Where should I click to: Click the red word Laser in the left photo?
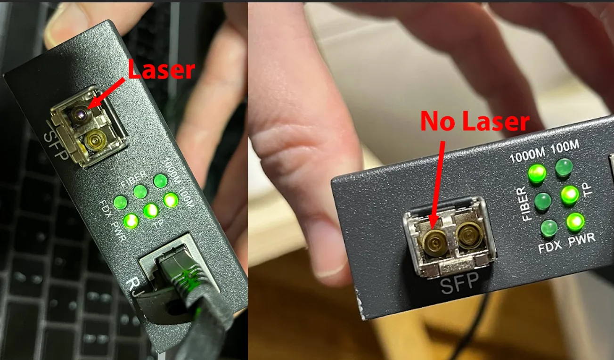[x=161, y=70]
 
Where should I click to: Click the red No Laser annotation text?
[x=475, y=122]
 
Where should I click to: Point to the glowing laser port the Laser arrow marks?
[x=80, y=113]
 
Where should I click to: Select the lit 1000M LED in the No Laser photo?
[x=537, y=174]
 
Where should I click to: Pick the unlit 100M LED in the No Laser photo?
[x=564, y=168]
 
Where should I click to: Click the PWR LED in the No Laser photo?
[x=575, y=222]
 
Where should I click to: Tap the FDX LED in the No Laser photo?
[x=549, y=229]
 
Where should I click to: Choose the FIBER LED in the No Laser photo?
[x=543, y=201]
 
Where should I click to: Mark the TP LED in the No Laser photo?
[x=570, y=195]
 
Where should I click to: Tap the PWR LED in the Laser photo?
[x=130, y=221]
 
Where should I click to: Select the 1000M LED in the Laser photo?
[x=161, y=180]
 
